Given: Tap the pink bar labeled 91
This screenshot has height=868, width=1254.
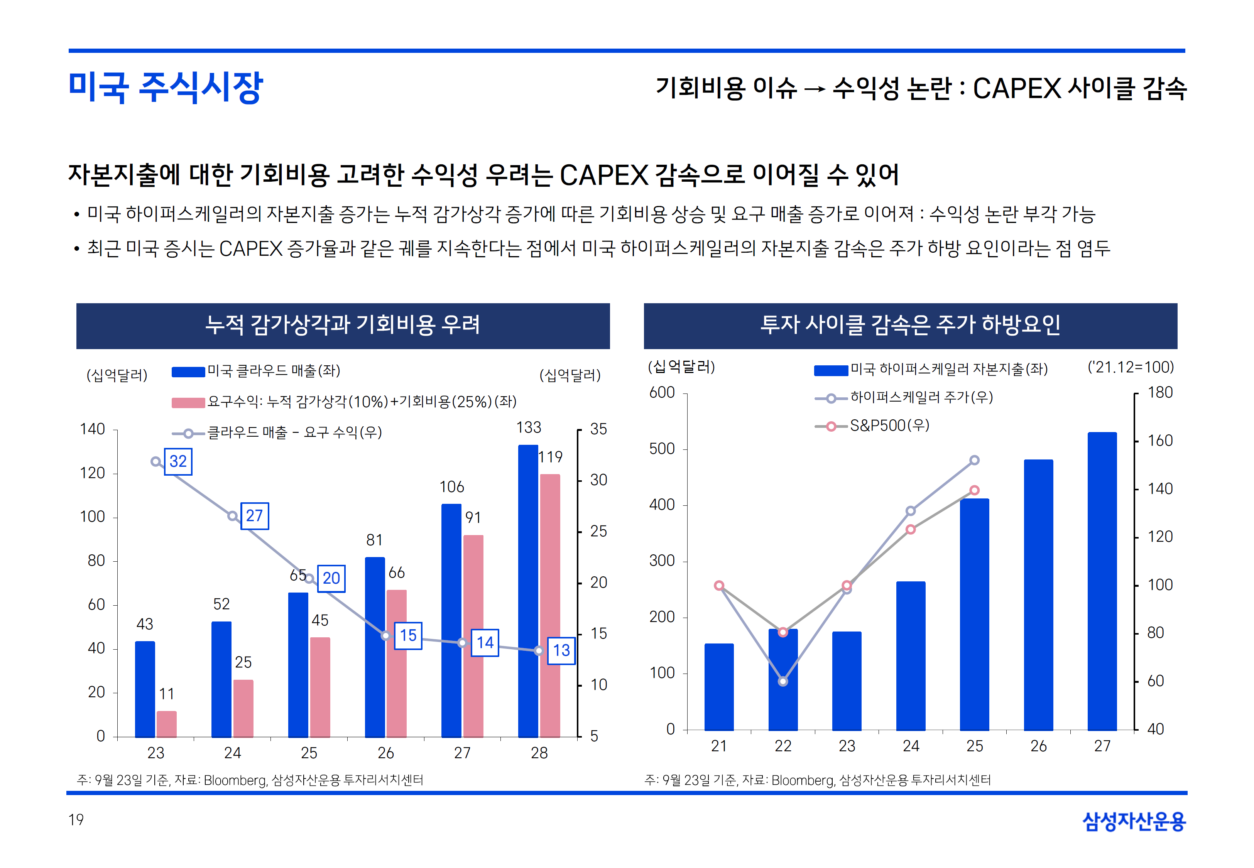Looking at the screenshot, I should [473, 636].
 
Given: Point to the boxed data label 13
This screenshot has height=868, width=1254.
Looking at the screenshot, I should [561, 650].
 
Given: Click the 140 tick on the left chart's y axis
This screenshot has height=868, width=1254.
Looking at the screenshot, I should [93, 429].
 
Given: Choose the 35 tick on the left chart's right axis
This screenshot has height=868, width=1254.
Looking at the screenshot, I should [598, 429].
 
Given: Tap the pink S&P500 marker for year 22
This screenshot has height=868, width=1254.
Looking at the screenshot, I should [782, 632].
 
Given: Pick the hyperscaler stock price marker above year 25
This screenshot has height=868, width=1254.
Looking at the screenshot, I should [975, 460].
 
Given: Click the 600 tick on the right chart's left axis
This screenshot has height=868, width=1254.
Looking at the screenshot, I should [662, 393].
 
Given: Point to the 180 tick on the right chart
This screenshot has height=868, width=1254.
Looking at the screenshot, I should [1160, 393].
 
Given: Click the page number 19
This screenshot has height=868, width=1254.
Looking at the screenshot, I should [76, 820].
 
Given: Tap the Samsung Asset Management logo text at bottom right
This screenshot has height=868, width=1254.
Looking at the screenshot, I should [1134, 821].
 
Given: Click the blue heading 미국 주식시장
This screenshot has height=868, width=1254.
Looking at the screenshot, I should [166, 87].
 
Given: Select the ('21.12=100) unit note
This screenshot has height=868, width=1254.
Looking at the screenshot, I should [1131, 367].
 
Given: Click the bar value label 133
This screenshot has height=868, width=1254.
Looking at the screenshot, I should [529, 427].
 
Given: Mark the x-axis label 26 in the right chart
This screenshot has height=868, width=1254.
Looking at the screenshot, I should [1038, 746].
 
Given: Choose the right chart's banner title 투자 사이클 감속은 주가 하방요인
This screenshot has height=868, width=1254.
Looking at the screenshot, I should [910, 325].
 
